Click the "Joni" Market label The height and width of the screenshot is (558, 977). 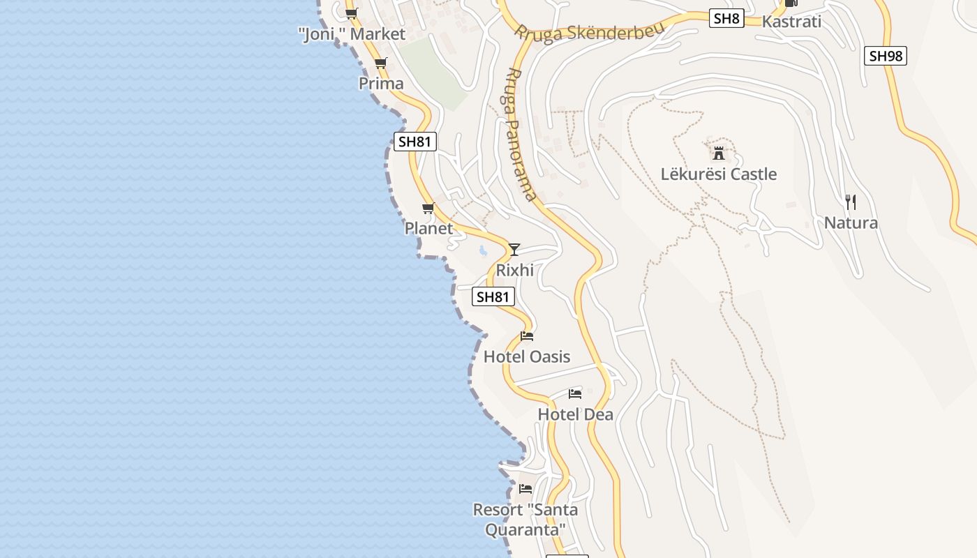pyautogui.click(x=352, y=34)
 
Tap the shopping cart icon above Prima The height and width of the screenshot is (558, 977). pyautogui.click(x=380, y=63)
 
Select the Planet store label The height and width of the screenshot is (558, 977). pyautogui.click(x=428, y=228)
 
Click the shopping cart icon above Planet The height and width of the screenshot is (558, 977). pyautogui.click(x=428, y=209)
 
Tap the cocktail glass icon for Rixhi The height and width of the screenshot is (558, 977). pyautogui.click(x=514, y=249)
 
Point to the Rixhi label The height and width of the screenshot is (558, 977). pyautogui.click(x=514, y=270)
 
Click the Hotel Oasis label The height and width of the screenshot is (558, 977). pyautogui.click(x=527, y=356)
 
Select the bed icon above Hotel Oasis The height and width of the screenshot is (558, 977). pyautogui.click(x=527, y=336)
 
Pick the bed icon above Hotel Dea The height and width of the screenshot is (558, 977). pyautogui.click(x=575, y=394)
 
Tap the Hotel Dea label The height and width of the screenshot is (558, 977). pyautogui.click(x=575, y=414)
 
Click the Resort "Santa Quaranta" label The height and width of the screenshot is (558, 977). pyautogui.click(x=525, y=520)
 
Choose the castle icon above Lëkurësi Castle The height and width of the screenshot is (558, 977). pyautogui.click(x=719, y=153)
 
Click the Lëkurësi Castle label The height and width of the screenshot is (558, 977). pyautogui.click(x=719, y=174)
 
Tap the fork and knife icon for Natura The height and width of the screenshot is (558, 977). pyautogui.click(x=851, y=202)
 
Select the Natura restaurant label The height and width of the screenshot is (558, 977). pyautogui.click(x=851, y=223)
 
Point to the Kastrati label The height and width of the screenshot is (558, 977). pyautogui.click(x=791, y=21)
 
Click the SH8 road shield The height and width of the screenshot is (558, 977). pyautogui.click(x=726, y=18)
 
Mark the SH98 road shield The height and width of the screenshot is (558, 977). pyautogui.click(x=886, y=56)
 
